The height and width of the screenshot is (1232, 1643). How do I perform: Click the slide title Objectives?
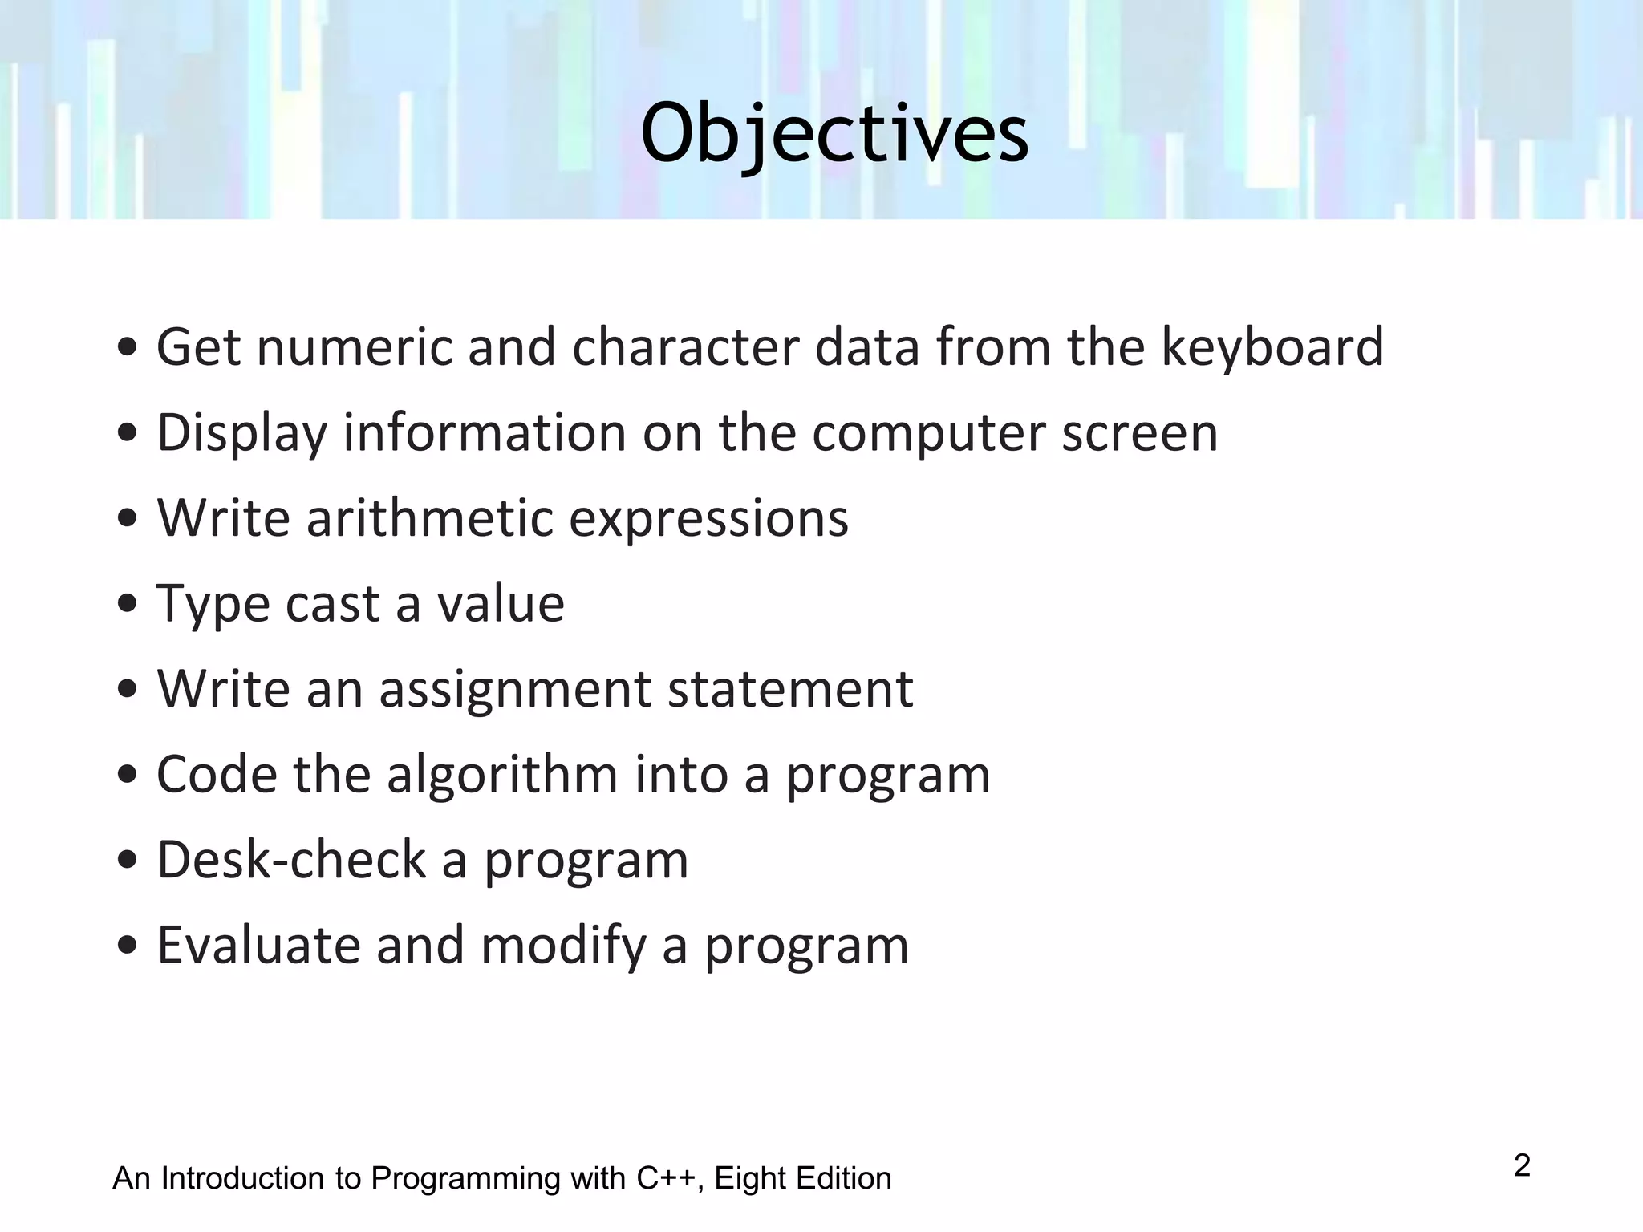coord(834,133)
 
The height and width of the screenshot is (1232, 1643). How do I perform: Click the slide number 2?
coord(1522,1165)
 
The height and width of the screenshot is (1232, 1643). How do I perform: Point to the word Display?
coord(241,433)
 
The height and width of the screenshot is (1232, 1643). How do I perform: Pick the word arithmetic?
coord(430,518)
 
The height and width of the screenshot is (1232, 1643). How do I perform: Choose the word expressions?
coord(708,520)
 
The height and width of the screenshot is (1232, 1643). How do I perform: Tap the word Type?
coord(208,605)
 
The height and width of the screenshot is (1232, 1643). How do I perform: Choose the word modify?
coord(563,946)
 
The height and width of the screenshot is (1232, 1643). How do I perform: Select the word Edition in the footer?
coord(843,1178)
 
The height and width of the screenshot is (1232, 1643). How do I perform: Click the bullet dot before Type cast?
coord(126,605)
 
